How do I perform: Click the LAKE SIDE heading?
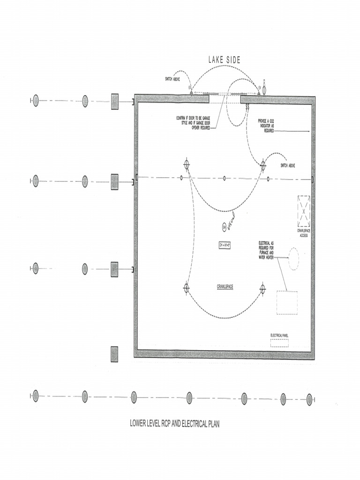pos(224,60)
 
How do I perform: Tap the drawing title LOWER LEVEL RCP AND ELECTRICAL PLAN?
pos(174,424)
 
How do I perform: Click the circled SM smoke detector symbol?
pos(225,227)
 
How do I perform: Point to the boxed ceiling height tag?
pos(226,245)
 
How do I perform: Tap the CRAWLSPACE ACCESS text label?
pos(303,233)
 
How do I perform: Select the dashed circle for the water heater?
pos(293,259)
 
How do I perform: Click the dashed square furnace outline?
pos(287,302)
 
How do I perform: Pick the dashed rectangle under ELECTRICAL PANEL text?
pos(279,343)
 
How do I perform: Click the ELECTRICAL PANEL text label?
pos(279,335)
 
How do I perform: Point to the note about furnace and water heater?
pos(266,250)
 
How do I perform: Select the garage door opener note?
pos(193,122)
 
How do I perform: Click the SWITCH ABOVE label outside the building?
pos(172,79)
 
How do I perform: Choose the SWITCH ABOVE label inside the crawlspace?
pos(288,165)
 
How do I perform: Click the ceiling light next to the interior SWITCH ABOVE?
pos(263,165)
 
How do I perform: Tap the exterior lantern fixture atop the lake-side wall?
pos(264,89)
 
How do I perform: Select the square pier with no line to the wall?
pos(114,354)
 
